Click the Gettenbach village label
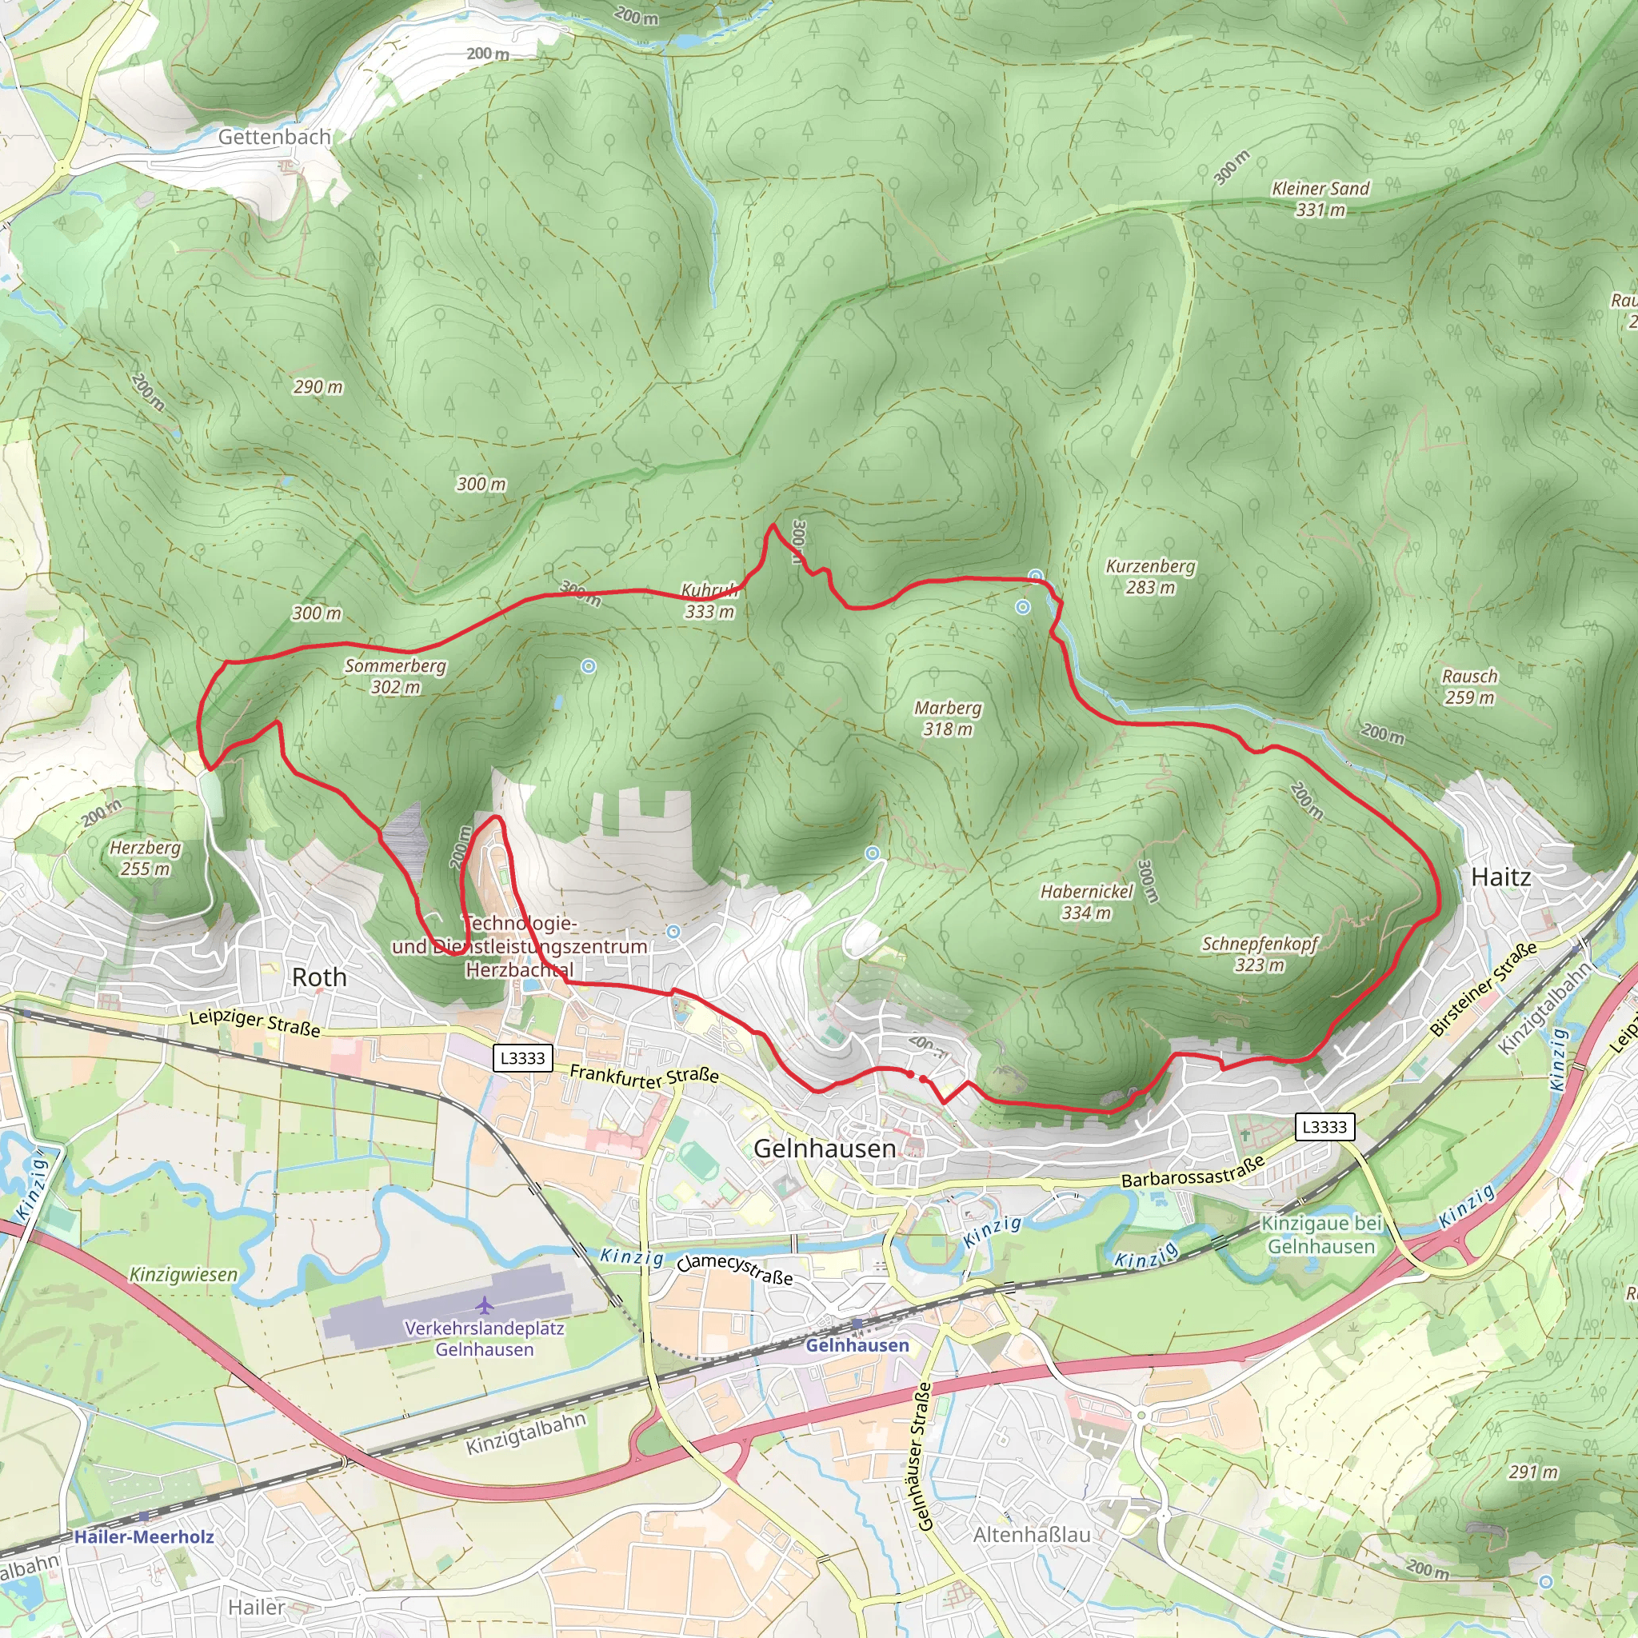pyautogui.click(x=274, y=137)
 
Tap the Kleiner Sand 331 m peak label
pyautogui.click(x=1320, y=198)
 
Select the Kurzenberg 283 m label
pyautogui.click(x=1150, y=577)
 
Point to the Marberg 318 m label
pyautogui.click(x=948, y=718)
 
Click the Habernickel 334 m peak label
pyautogui.click(x=1086, y=902)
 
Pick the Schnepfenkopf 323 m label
pyautogui.click(x=1259, y=954)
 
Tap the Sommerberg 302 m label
pyautogui.click(x=395, y=676)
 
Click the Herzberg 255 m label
pyautogui.click(x=145, y=858)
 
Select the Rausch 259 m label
pyautogui.click(x=1469, y=687)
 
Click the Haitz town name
pyautogui.click(x=1500, y=877)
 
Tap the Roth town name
pyautogui.click(x=320, y=977)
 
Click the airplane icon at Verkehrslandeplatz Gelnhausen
pyautogui.click(x=484, y=1304)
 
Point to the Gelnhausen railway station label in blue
pyautogui.click(x=857, y=1345)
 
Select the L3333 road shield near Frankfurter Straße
pyautogui.click(x=522, y=1058)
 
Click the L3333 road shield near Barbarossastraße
pyautogui.click(x=1324, y=1127)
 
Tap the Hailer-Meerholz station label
pyautogui.click(x=143, y=1537)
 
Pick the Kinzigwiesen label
pyautogui.click(x=183, y=1274)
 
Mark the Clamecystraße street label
pyautogui.click(x=734, y=1269)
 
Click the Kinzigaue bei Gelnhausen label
pyautogui.click(x=1321, y=1234)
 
